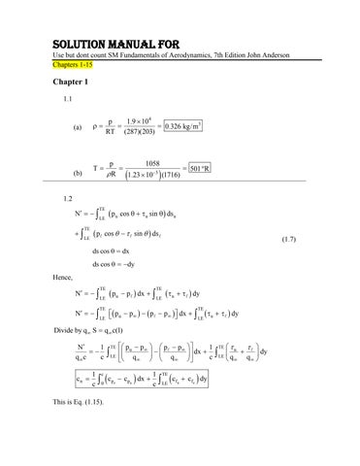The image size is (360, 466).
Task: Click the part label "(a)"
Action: [78, 126]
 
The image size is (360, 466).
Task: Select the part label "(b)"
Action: [78, 175]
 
